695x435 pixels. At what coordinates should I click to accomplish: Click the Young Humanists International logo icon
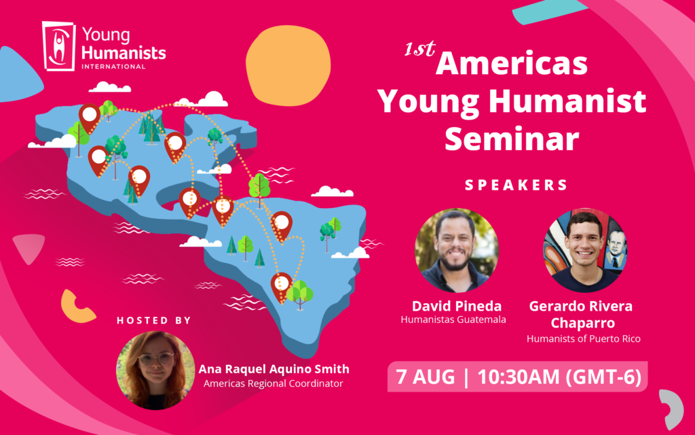click(59, 46)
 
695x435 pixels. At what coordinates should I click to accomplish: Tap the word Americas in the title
click(512, 64)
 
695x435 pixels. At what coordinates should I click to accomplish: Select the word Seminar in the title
click(512, 139)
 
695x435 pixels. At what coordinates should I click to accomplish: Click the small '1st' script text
click(419, 50)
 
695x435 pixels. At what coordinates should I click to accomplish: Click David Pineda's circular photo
click(456, 250)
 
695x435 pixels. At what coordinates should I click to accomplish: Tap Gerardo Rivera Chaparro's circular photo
click(585, 250)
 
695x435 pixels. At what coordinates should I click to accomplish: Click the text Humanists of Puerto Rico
click(584, 338)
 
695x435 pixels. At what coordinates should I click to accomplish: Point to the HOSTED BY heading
click(154, 320)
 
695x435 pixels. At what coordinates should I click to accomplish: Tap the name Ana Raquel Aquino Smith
click(274, 369)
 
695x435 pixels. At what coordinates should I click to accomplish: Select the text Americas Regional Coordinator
click(274, 384)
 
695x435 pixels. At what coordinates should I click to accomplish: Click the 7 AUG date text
click(426, 377)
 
